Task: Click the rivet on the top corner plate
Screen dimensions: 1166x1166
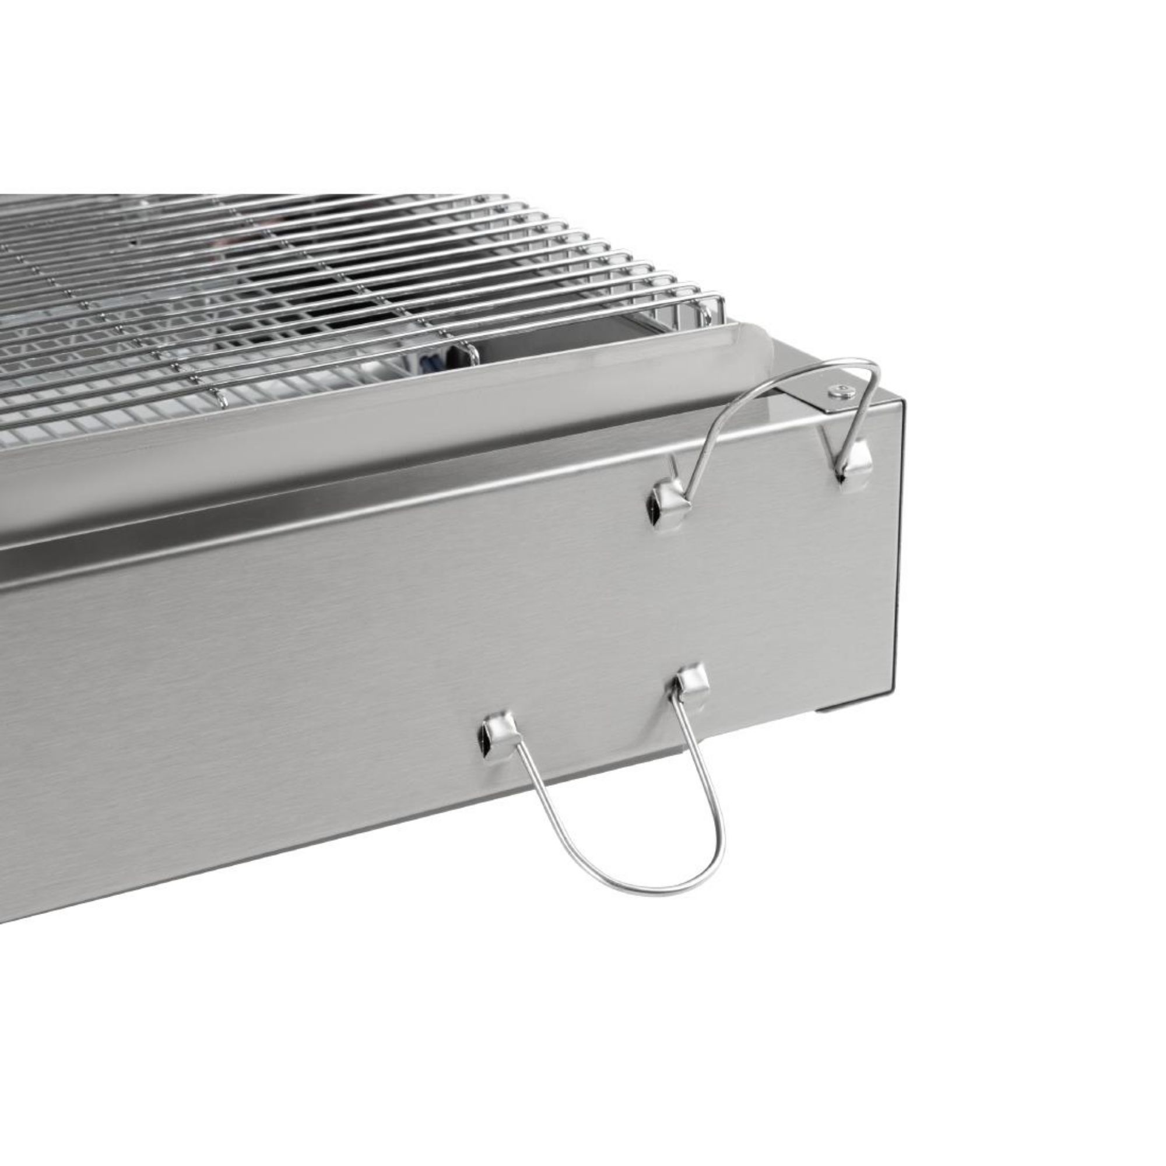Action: point(839,391)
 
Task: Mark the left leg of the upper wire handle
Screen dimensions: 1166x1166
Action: point(709,434)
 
